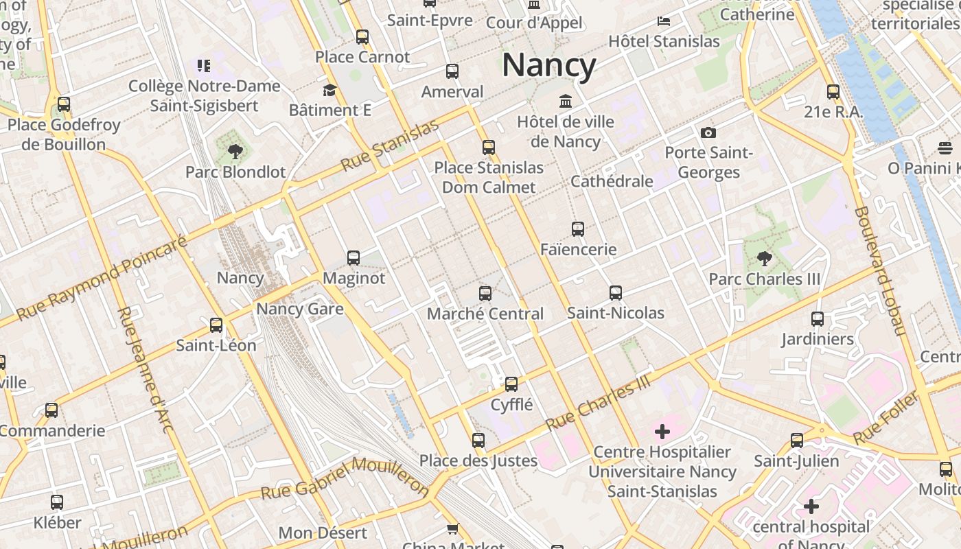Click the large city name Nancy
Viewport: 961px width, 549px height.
pyautogui.click(x=548, y=66)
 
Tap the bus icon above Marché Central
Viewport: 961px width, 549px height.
pyautogui.click(x=485, y=294)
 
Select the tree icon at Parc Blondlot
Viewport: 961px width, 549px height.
pyautogui.click(x=235, y=151)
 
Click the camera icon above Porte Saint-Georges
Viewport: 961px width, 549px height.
pyautogui.click(x=708, y=132)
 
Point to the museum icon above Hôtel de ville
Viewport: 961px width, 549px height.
pyautogui.click(x=566, y=102)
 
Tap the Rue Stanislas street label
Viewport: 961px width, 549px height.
pyautogui.click(x=389, y=146)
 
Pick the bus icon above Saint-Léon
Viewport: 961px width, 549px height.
pyautogui.click(x=216, y=325)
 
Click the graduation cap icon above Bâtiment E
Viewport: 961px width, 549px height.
pyautogui.click(x=329, y=91)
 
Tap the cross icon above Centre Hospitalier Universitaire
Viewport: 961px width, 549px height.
pyautogui.click(x=662, y=432)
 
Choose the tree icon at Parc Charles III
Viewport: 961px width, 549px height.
pyautogui.click(x=764, y=259)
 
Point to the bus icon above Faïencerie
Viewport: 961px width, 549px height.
pyautogui.click(x=578, y=229)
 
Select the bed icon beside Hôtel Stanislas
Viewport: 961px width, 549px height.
pyautogui.click(x=663, y=21)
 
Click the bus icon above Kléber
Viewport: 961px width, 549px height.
pyautogui.click(x=57, y=502)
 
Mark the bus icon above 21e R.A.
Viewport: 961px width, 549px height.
pyautogui.click(x=833, y=91)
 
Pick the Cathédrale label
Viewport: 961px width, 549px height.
pyautogui.click(x=612, y=181)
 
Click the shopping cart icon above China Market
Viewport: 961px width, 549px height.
pyautogui.click(x=453, y=528)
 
